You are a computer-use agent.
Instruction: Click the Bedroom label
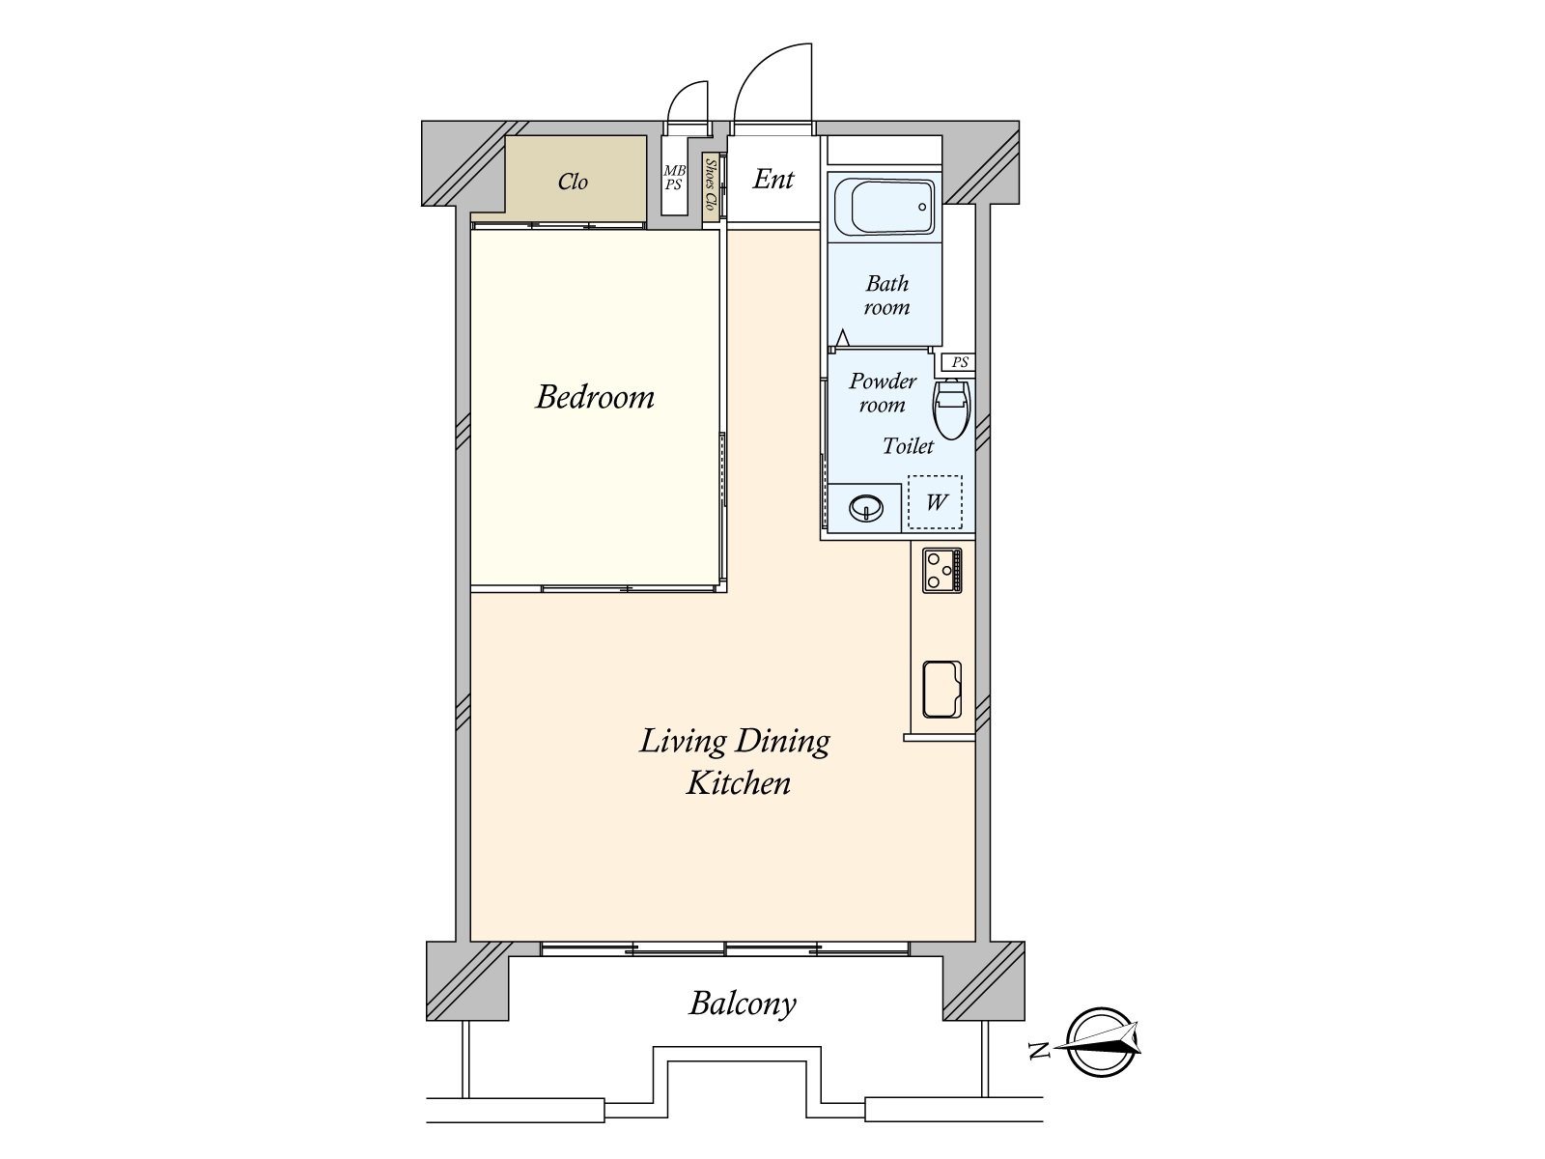pyautogui.click(x=595, y=397)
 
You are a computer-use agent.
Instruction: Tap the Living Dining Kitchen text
pyautogui.click(x=736, y=761)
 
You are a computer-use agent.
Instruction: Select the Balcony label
pyautogui.click(x=743, y=1004)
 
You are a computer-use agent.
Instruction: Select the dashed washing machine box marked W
pyautogui.click(x=935, y=502)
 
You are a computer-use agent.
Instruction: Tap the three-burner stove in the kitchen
pyautogui.click(x=941, y=570)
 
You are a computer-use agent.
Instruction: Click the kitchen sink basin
pyautogui.click(x=941, y=690)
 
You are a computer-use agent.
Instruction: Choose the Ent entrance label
pyautogui.click(x=773, y=179)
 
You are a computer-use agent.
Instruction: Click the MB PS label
pyautogui.click(x=674, y=178)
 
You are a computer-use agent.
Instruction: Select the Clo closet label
pyautogui.click(x=573, y=182)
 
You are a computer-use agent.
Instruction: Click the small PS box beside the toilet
pyautogui.click(x=959, y=363)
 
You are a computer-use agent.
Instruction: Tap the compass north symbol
pyautogui.click(x=1101, y=1042)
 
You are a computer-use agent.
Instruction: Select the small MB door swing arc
pyautogui.click(x=688, y=100)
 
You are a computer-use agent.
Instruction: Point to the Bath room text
pyautogui.click(x=886, y=296)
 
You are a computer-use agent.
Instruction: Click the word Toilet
pyautogui.click(x=908, y=446)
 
